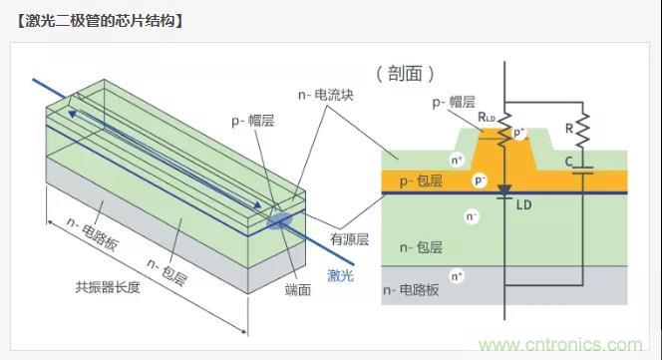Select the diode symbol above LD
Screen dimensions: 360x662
pos(503,188)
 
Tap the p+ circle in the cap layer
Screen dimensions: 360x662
pos(518,133)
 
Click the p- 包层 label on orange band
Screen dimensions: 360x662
pos(422,180)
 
